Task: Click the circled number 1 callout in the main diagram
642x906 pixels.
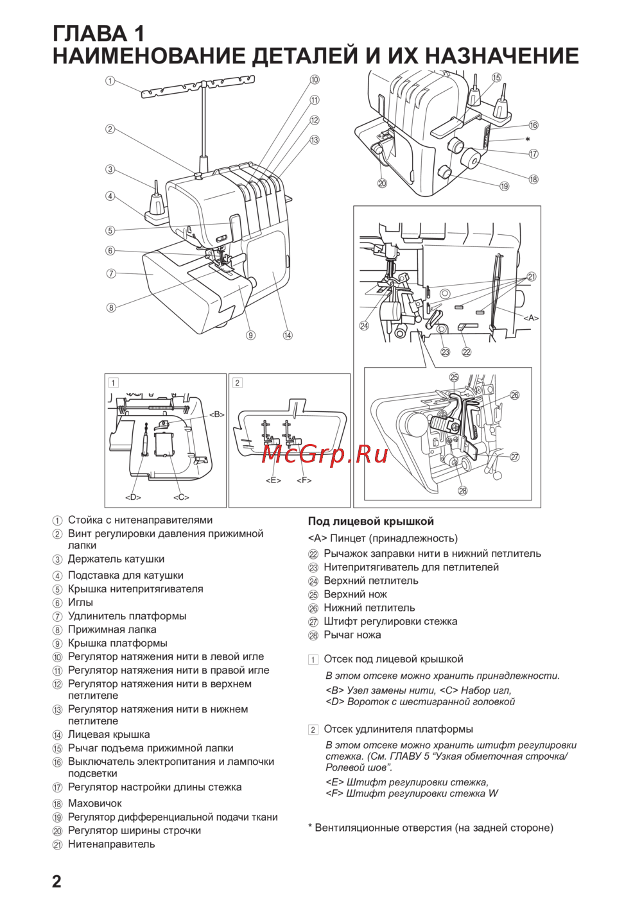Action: [110, 81]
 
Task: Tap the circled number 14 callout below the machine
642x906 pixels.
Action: [288, 335]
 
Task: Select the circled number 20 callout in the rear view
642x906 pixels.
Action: [382, 184]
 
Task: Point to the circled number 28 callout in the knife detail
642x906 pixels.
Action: [462, 491]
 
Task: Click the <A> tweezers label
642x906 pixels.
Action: [531, 318]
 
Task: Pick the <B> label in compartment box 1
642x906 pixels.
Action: [217, 415]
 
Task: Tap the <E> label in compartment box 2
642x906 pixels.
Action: [273, 480]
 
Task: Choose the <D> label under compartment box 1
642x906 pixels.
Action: [133, 497]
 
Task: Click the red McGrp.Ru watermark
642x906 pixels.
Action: [325, 454]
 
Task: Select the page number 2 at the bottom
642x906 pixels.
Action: [56, 881]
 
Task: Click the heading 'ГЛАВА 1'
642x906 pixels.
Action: [98, 33]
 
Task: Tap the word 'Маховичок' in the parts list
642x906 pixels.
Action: [94, 803]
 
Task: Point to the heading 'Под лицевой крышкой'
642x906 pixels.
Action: [370, 522]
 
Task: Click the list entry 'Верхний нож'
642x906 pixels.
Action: [355, 595]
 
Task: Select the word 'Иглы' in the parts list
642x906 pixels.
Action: [80, 603]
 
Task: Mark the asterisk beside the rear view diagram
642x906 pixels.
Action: [528, 139]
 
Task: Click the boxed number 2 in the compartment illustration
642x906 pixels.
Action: [238, 383]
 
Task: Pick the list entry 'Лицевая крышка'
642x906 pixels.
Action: [108, 735]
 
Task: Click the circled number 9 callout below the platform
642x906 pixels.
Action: [250, 335]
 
